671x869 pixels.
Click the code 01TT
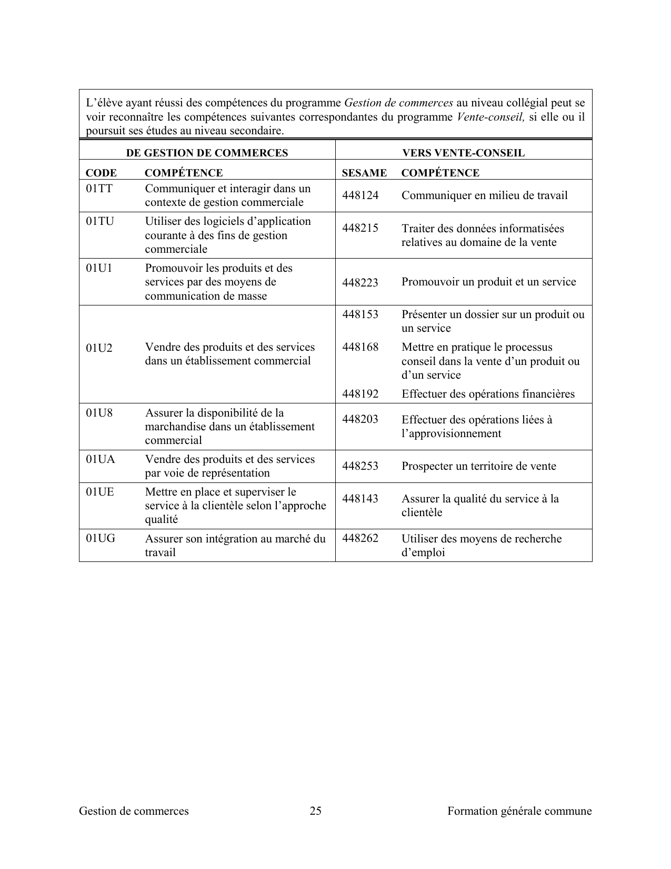[99, 189]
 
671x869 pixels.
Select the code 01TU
[100, 221]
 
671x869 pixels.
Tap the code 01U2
[99, 348]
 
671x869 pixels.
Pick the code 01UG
[101, 538]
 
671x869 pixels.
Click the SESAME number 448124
[360, 195]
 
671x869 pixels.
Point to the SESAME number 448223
[360, 282]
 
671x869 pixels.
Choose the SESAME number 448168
[360, 347]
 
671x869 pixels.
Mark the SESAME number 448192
[360, 394]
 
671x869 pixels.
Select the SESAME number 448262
[360, 538]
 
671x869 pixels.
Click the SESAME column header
[364, 173]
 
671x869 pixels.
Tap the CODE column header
[101, 173]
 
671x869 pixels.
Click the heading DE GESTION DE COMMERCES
[207, 153]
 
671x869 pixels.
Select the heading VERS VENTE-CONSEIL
[463, 153]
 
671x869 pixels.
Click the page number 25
[315, 811]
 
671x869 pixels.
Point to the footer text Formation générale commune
[519, 811]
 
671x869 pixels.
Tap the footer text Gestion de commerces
[134, 811]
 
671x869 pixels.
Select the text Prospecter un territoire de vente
[478, 466]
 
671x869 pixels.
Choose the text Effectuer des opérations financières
[488, 394]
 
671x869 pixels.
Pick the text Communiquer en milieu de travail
[484, 195]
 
